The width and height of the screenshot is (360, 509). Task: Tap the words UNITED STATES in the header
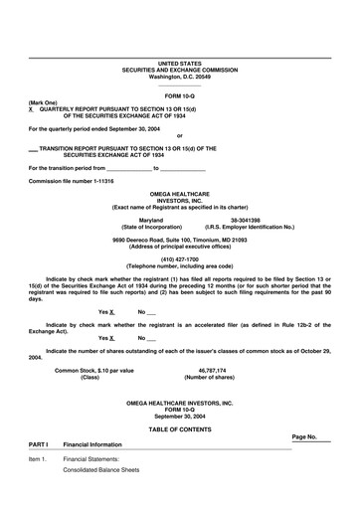pos(179,63)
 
